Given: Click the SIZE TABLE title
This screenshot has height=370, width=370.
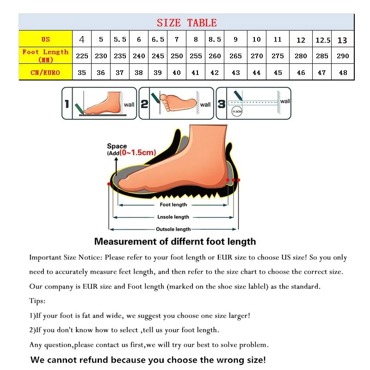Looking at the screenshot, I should [186, 23].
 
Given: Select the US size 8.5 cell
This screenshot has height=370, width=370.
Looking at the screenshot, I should [215, 39].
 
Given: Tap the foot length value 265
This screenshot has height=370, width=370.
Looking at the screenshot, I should [235, 56].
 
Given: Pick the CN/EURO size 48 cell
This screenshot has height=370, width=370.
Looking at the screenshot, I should [342, 73].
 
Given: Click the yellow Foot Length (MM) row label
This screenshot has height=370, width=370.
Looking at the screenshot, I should [45, 56].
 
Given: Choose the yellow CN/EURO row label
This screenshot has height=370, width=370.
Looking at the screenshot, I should [45, 73].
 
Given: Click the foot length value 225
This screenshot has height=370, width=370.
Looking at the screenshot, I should [82, 56].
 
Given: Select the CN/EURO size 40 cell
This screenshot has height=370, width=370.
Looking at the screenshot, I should [177, 73].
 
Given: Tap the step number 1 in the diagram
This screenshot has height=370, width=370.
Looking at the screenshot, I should [67, 104].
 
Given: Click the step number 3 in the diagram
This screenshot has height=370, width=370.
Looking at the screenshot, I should [222, 104].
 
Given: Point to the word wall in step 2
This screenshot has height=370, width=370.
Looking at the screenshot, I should [205, 105].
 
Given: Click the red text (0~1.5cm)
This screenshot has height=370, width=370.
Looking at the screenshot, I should [137, 153].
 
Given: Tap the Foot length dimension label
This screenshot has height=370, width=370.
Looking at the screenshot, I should [173, 204].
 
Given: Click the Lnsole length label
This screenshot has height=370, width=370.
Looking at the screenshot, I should [173, 217].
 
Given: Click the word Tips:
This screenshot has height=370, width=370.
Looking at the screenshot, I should [37, 301].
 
